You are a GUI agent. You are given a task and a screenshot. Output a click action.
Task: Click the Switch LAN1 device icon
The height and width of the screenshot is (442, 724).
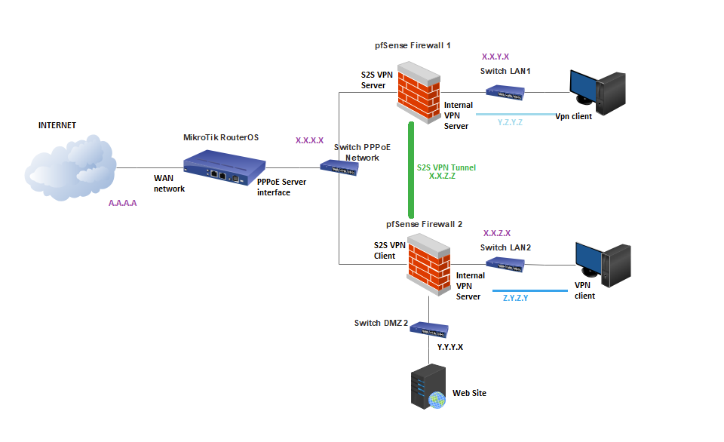tap(505, 93)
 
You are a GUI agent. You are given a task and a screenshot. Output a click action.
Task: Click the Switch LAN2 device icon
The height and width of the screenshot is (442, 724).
tap(505, 264)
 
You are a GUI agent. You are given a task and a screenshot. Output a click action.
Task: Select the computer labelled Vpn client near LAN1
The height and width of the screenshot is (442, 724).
tap(597, 89)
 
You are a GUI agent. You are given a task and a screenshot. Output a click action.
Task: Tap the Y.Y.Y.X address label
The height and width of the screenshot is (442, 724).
tap(450, 348)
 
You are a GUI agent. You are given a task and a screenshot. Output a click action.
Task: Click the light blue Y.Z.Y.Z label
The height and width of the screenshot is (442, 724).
tap(511, 122)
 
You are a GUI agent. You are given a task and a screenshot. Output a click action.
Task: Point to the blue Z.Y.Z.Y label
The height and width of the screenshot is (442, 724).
tap(515, 298)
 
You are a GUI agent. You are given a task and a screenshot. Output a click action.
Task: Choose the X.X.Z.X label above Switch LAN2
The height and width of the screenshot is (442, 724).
tap(496, 234)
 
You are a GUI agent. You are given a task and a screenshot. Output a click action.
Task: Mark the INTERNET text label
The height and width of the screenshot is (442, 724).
tap(57, 125)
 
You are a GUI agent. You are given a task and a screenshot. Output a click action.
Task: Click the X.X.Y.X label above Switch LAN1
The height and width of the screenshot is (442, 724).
tap(495, 57)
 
